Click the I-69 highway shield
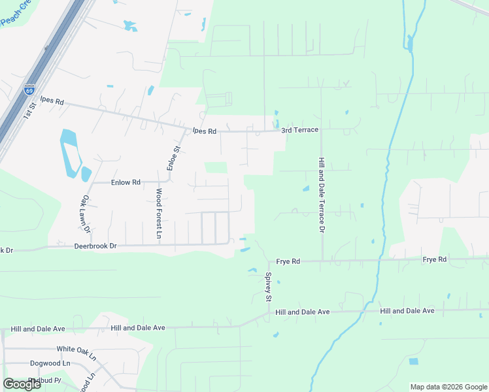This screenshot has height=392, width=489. (29, 90)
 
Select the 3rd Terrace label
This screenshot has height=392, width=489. (299, 130)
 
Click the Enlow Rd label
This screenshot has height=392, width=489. (126, 182)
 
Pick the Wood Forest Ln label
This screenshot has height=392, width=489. (159, 213)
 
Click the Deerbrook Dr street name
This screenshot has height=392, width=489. (95, 246)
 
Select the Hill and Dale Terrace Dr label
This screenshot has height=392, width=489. (321, 195)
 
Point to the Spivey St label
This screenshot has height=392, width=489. (268, 287)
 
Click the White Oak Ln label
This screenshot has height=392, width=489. (76, 348)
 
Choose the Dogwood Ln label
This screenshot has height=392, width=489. (50, 363)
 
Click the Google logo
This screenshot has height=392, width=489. (22, 384)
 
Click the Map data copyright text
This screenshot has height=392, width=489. (448, 387)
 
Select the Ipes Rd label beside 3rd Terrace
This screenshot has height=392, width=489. (204, 131)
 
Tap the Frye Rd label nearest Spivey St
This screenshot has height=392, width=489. (288, 261)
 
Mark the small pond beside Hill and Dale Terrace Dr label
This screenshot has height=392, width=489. (305, 189)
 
